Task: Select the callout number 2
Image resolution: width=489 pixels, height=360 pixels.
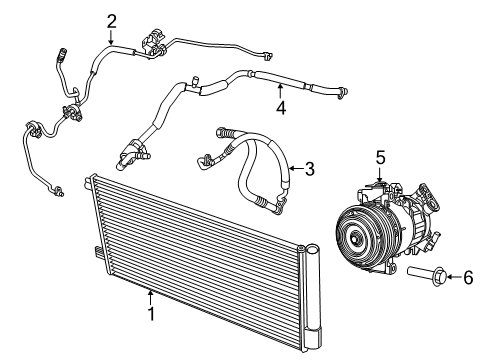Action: point(111,20)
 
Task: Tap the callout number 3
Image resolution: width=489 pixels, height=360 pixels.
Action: point(309,169)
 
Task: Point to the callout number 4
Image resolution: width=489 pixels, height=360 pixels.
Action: point(281,107)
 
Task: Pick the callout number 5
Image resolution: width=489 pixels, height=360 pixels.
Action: point(380,156)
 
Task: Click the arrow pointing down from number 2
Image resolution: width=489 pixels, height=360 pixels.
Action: point(111,37)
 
